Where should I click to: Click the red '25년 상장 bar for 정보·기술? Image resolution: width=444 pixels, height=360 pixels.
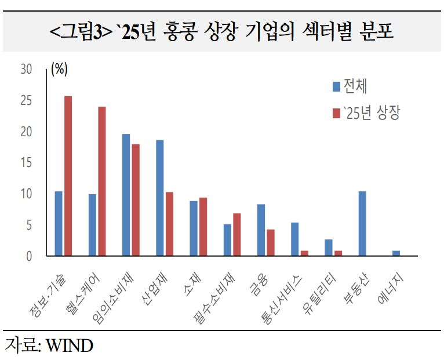(x=68, y=176)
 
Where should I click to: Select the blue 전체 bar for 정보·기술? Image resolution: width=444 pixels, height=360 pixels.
(x=59, y=223)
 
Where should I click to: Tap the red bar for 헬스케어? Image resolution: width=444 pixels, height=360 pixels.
(x=101, y=181)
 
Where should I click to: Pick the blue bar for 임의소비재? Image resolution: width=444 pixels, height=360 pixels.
(x=126, y=195)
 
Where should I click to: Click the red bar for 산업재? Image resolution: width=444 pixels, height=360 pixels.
(x=169, y=224)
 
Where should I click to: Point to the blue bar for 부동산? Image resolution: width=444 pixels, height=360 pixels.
(x=362, y=223)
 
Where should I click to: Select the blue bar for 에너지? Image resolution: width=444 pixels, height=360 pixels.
(x=396, y=253)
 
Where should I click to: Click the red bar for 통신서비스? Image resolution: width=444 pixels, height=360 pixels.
(x=304, y=253)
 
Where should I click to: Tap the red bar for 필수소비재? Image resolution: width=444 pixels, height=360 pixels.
(x=236, y=234)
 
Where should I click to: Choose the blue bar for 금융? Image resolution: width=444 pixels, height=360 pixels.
(x=261, y=230)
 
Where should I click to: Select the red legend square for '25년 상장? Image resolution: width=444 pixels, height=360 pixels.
(x=336, y=113)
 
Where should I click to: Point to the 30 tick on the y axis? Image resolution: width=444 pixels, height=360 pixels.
(x=26, y=69)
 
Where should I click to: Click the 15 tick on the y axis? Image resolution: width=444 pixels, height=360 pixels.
(x=26, y=162)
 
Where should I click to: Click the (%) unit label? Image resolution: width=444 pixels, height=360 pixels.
(x=59, y=69)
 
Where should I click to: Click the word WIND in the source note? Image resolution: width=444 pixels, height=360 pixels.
(x=69, y=346)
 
